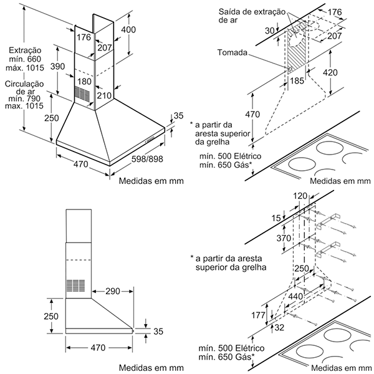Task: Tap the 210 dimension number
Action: (x=104, y=95)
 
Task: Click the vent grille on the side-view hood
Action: (x=75, y=285)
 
